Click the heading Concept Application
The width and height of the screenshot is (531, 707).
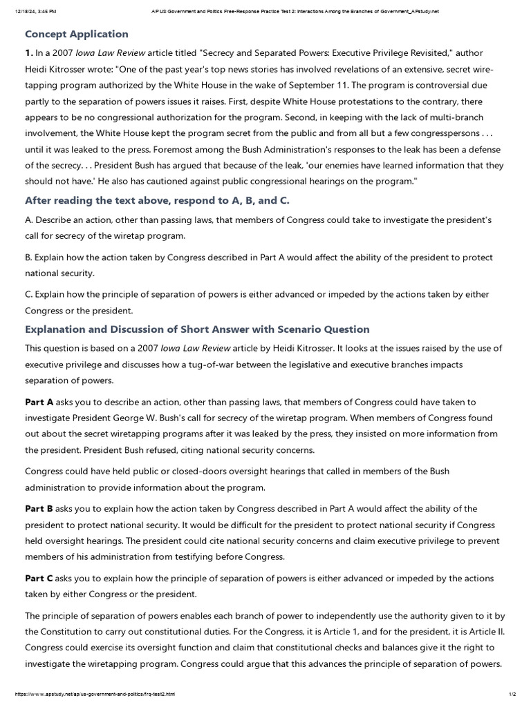pyautogui.click(x=77, y=34)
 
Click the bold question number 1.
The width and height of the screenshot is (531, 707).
pyautogui.click(x=29, y=53)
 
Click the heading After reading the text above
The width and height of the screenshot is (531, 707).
pyautogui.click(x=156, y=201)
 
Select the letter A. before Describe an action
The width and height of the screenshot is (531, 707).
pyautogui.click(x=29, y=220)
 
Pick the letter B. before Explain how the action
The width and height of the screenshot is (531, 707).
pyautogui.click(x=29, y=258)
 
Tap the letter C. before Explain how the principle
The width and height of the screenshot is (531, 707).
pyautogui.click(x=29, y=295)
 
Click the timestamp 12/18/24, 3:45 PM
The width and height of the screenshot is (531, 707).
pyautogui.click(x=34, y=12)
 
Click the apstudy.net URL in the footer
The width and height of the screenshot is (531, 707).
pyautogui.click(x=90, y=694)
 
